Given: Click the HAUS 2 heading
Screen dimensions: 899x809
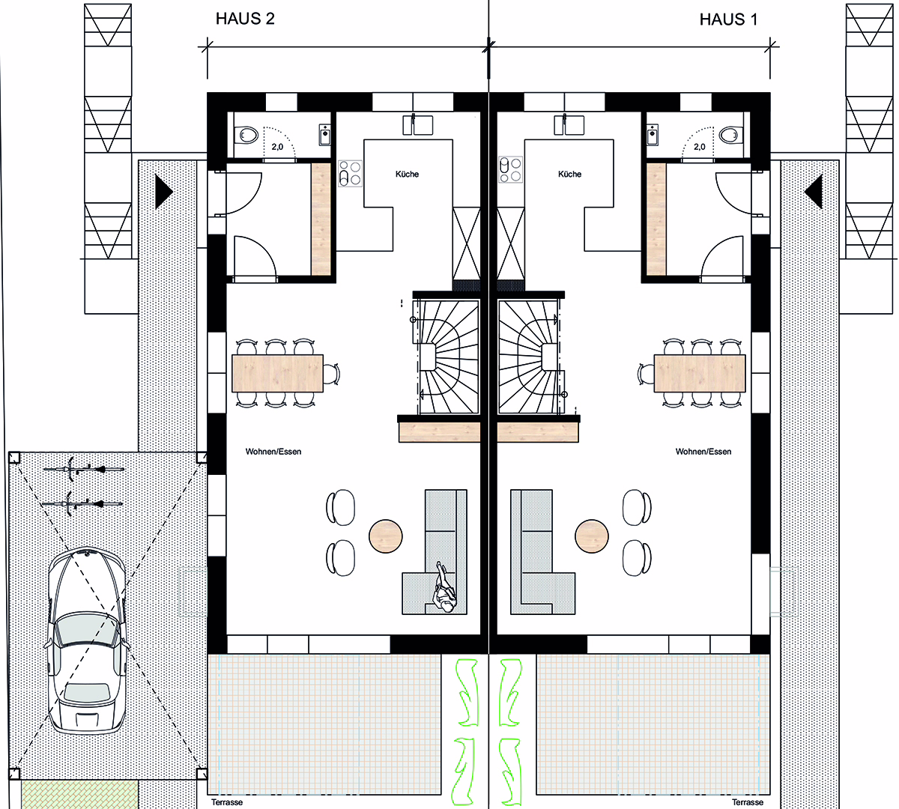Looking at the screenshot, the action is (245, 19).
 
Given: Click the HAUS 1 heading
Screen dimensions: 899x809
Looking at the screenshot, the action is (728, 19).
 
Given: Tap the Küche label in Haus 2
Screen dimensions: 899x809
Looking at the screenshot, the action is (407, 174).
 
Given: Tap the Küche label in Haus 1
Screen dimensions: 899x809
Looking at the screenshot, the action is (569, 174).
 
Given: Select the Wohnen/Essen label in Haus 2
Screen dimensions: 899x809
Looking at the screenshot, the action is (273, 452).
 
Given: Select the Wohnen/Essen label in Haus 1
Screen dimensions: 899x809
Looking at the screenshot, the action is (703, 452).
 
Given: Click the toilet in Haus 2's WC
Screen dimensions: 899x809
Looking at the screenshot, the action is (248, 135).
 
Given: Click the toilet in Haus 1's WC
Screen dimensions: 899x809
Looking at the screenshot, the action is (730, 135).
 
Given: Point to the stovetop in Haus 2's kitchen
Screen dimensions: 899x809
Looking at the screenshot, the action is (350, 173).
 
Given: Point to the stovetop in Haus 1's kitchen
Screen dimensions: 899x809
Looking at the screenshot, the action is (510, 169).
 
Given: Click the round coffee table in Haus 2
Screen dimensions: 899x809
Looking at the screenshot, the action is (385, 536).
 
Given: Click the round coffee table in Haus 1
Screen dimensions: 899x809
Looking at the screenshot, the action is (592, 536).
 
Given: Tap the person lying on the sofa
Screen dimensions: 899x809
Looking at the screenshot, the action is (442, 587).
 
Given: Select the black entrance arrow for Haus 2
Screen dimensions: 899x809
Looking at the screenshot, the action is (163, 192).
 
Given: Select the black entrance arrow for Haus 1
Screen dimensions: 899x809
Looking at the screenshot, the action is (814, 192).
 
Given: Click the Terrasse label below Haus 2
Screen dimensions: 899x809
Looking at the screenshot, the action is (227, 802).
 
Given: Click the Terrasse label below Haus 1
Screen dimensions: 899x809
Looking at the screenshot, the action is (748, 802).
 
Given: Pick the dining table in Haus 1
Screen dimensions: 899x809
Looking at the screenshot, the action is (700, 373).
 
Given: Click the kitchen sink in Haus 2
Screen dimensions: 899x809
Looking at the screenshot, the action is (418, 124).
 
